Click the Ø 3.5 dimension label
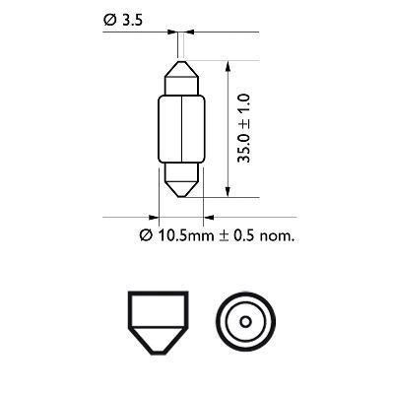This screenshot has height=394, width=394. pyautogui.click(x=119, y=19)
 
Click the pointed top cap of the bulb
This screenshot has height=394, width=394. pyautogui.click(x=180, y=72)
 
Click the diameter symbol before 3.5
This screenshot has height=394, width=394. pyautogui.click(x=105, y=19)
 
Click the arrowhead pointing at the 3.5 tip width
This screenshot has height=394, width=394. pyautogui.click(x=171, y=34)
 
